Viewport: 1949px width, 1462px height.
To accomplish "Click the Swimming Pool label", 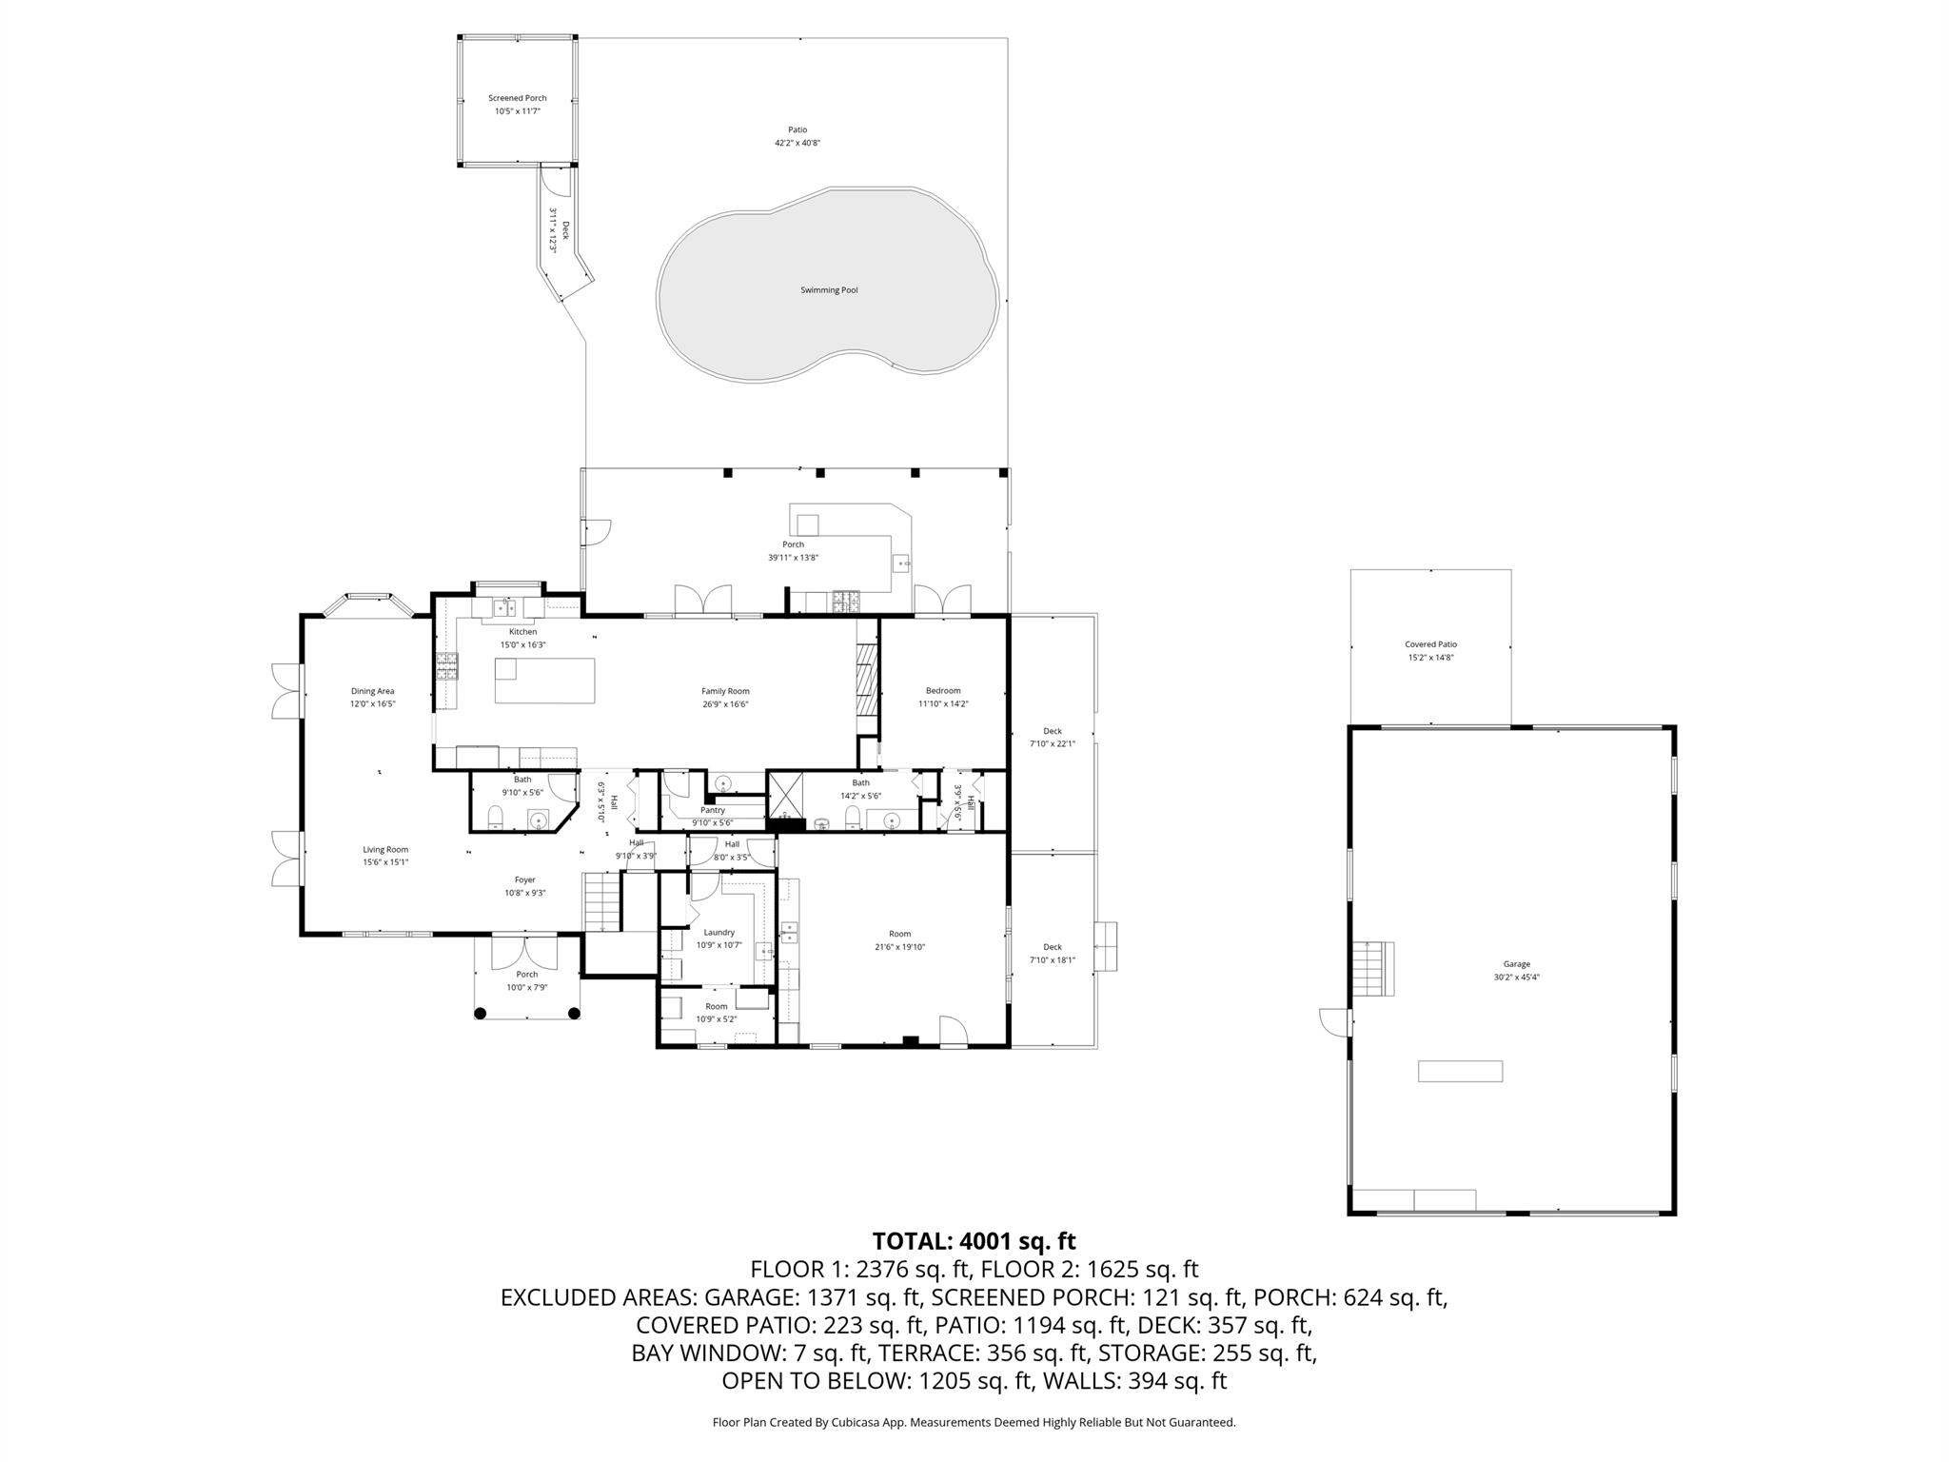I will click(829, 290).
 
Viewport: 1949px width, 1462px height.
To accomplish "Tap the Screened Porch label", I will click(517, 98).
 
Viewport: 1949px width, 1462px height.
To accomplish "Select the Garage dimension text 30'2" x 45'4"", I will click(1516, 977).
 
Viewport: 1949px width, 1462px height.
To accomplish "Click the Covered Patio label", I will click(1430, 644).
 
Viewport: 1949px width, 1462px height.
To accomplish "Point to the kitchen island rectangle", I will click(544, 681).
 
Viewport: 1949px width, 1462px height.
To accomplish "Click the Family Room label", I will click(725, 691).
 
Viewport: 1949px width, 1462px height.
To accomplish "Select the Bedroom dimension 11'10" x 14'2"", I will click(943, 703).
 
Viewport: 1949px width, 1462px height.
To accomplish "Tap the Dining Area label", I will click(372, 691).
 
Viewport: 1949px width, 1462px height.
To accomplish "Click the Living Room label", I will click(385, 850).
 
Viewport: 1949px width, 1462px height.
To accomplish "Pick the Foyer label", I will click(524, 880).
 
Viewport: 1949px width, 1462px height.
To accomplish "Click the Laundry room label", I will click(719, 933).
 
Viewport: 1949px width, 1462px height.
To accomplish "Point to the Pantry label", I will click(713, 810).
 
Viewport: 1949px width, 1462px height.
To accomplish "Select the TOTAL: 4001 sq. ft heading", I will click(974, 1241).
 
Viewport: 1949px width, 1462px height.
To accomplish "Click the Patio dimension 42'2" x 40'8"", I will click(797, 143).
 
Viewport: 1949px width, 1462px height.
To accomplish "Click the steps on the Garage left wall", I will click(1373, 968).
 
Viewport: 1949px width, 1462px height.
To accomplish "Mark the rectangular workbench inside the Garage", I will click(1460, 1071).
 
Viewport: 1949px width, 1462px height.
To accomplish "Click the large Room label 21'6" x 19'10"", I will click(899, 934).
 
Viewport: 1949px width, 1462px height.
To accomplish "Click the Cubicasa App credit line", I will click(974, 1422).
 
